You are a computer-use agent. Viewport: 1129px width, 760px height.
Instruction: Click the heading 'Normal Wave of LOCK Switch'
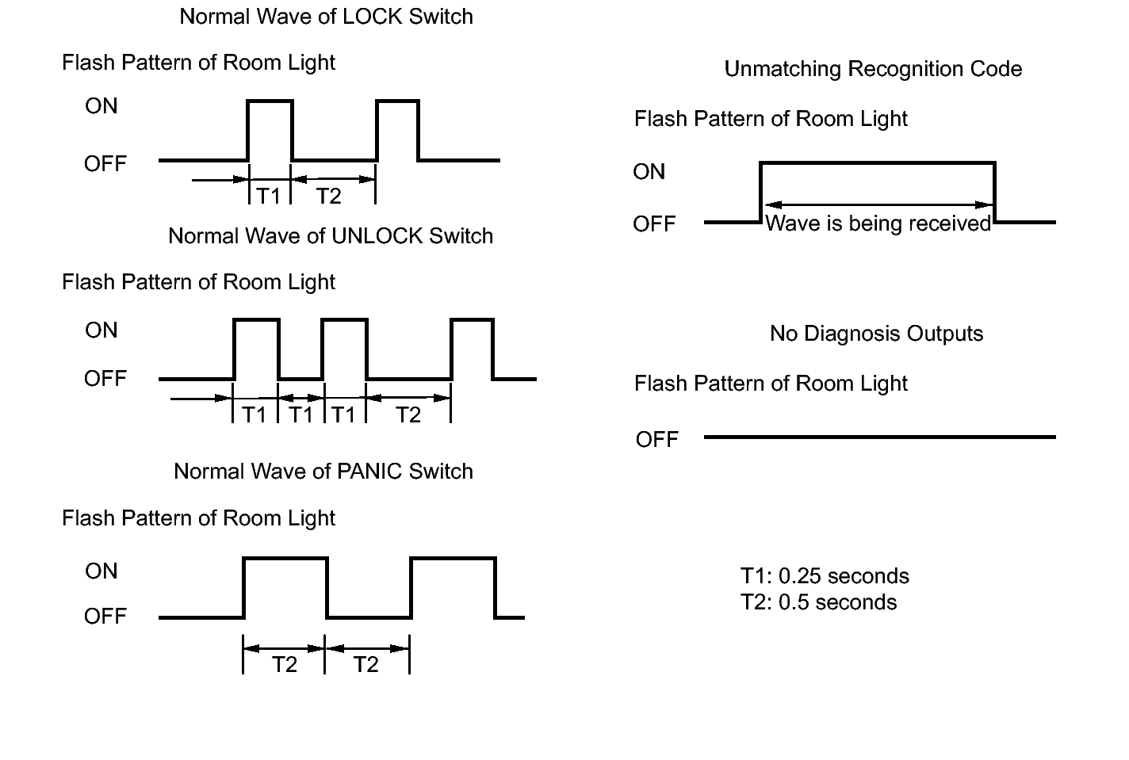(x=326, y=17)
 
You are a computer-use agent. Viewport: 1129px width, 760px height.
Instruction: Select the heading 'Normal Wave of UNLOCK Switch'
(x=330, y=236)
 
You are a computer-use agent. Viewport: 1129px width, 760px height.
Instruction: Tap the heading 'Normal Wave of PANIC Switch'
(x=323, y=472)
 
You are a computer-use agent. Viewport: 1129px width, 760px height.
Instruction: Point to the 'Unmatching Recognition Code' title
(x=873, y=69)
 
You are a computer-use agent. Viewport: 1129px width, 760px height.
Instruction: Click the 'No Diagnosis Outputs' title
(x=877, y=334)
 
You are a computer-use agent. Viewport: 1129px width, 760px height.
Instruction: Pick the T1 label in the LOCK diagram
(x=269, y=196)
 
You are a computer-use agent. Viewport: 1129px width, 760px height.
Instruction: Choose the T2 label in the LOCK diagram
(x=329, y=196)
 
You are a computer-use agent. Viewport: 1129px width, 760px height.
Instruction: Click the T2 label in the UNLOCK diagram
(x=408, y=415)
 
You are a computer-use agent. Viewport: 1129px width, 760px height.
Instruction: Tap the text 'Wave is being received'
(x=878, y=223)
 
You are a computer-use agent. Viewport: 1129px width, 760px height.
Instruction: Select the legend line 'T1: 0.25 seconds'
(x=825, y=576)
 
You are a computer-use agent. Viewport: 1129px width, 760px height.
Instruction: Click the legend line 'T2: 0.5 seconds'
(x=818, y=602)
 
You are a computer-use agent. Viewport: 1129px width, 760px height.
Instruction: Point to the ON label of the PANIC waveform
(x=101, y=571)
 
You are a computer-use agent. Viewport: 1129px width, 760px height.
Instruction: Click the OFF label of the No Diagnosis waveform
(x=656, y=440)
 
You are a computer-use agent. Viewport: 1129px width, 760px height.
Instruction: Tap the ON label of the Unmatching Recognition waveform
(x=649, y=172)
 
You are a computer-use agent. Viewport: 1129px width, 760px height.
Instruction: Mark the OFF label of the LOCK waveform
(x=105, y=164)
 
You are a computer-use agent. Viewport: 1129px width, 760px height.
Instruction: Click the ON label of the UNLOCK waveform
(x=101, y=330)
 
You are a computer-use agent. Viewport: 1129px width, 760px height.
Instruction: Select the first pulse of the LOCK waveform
(x=270, y=101)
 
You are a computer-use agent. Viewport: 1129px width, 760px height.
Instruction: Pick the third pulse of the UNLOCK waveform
(x=473, y=320)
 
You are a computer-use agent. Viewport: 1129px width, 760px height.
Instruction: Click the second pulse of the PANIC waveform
(x=454, y=559)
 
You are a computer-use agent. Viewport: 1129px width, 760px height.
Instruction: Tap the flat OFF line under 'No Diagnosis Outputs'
(x=880, y=437)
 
